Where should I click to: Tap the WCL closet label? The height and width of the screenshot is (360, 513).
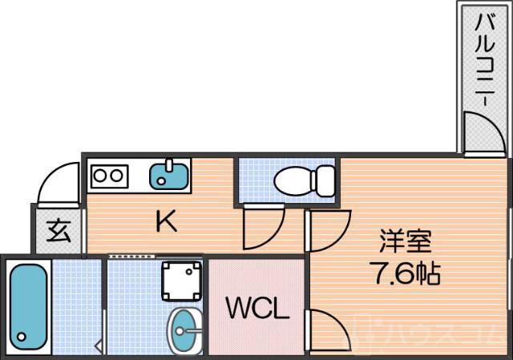pos(256,309)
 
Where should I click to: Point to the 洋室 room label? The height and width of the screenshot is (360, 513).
pos(406,241)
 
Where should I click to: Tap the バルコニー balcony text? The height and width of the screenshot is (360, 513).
pos(484,60)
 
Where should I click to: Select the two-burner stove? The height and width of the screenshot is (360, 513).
pos(109,175)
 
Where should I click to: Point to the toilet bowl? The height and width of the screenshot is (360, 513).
pos(293,182)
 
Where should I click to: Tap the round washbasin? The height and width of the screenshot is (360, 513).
pos(186,330)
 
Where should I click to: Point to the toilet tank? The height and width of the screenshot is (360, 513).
pos(325,180)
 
